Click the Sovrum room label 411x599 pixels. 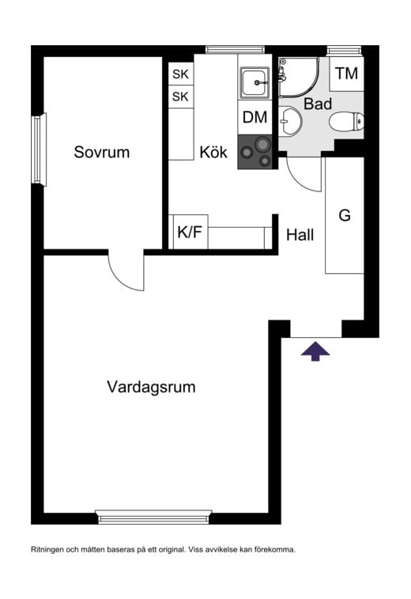point(101,152)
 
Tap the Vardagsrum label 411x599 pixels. point(151,387)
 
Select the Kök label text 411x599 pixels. point(213,152)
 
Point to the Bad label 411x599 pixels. point(318,104)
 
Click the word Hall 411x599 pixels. point(300,235)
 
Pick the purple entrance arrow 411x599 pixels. point(315,351)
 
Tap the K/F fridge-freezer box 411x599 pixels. point(190,232)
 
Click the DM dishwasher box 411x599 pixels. point(255,117)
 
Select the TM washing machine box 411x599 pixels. point(346,74)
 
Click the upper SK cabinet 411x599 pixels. point(181,74)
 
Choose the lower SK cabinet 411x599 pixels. point(181,97)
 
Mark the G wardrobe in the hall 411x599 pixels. point(345,215)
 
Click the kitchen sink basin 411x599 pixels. point(255,82)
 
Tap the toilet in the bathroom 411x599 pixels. point(346,122)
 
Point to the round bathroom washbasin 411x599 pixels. point(289,121)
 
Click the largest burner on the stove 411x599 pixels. point(262,144)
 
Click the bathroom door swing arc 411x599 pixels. point(301,180)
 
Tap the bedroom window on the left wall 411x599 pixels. point(39,150)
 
